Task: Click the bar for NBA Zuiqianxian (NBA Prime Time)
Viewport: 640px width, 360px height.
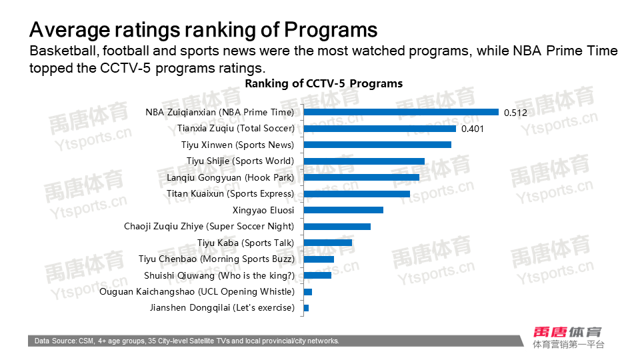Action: click(x=401, y=112)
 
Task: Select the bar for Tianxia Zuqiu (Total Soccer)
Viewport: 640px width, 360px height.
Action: click(x=379, y=128)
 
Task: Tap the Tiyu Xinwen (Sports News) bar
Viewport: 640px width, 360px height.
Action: click(x=377, y=145)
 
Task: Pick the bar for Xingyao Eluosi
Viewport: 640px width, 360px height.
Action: click(x=343, y=210)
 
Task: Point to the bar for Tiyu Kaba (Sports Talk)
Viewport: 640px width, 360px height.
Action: click(x=327, y=243)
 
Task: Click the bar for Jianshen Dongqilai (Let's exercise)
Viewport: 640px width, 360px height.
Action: click(x=306, y=308)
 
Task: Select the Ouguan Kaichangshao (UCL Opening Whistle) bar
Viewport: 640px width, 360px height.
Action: click(x=307, y=292)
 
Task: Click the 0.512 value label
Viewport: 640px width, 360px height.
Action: click(x=515, y=113)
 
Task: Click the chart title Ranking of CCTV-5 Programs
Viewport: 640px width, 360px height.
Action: click(x=323, y=84)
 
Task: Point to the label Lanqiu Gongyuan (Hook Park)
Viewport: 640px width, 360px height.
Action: click(x=230, y=177)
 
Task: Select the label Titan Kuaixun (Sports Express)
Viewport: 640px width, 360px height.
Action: click(x=229, y=194)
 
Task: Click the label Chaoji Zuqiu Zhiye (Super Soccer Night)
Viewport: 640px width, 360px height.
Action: click(x=209, y=227)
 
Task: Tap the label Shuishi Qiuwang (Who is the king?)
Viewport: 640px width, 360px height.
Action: click(x=219, y=275)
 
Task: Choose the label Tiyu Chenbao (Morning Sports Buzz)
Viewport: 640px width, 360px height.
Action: click(x=216, y=259)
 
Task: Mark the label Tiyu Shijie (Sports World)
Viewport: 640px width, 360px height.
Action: click(x=239, y=161)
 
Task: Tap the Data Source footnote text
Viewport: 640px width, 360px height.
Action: click(x=187, y=341)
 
